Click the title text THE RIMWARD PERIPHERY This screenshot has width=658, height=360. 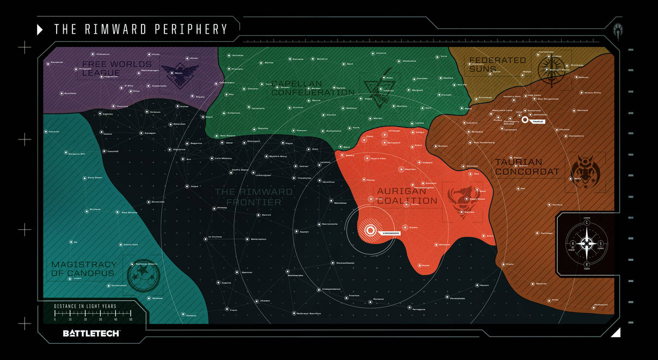(140, 29)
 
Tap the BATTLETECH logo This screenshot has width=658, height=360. (91, 333)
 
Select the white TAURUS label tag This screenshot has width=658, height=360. (538, 121)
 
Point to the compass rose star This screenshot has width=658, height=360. (587, 243)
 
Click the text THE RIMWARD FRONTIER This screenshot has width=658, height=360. (253, 197)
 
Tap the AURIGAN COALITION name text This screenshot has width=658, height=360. (407, 196)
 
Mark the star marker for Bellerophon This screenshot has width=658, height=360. (247, 239)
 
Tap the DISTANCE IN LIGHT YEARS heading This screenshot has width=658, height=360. (85, 306)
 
